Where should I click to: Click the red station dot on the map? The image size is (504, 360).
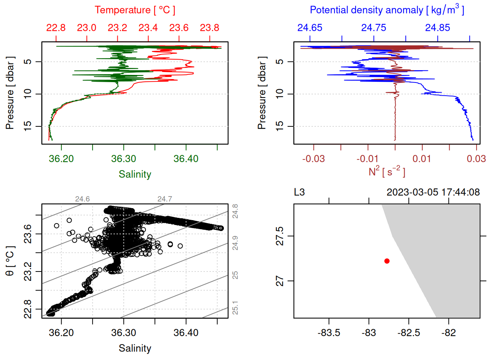pyautogui.click(x=387, y=261)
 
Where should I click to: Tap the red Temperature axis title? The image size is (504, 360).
pyautogui.click(x=135, y=10)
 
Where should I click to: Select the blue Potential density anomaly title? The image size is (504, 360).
pyautogui.click(x=387, y=10)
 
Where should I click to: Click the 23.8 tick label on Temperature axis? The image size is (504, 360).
pyautogui.click(x=209, y=28)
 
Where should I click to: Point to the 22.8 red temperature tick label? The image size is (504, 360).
pyautogui.click(x=56, y=28)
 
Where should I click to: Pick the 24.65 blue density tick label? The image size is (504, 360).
pyautogui.click(x=310, y=28)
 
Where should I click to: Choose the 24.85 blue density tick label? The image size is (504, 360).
pyautogui.click(x=438, y=28)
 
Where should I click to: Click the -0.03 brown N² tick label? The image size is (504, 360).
pyautogui.click(x=313, y=159)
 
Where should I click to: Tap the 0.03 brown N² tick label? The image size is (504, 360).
pyautogui.click(x=476, y=159)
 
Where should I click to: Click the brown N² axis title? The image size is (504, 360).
pyautogui.click(x=387, y=172)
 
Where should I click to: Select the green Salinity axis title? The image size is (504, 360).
pyautogui.click(x=135, y=174)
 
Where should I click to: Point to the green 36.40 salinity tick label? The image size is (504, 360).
pyautogui.click(x=186, y=159)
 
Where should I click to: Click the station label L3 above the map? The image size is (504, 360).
pyautogui.click(x=299, y=192)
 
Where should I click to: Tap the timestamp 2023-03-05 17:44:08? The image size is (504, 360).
pyautogui.click(x=433, y=192)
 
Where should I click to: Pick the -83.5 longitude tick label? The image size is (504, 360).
pyautogui.click(x=329, y=333)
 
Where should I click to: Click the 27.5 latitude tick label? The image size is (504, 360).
pyautogui.click(x=280, y=236)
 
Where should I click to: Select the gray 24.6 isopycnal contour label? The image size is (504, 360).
pyautogui.click(x=82, y=199)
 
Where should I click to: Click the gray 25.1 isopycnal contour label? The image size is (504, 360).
pyautogui.click(x=235, y=308)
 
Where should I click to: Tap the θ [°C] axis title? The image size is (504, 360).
pyautogui.click(x=10, y=261)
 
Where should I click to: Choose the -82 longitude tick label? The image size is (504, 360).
pyautogui.click(x=448, y=333)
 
